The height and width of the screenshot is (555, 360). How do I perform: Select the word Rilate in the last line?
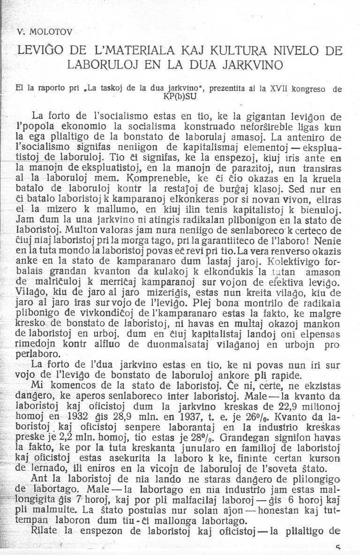click(x=44, y=530)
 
